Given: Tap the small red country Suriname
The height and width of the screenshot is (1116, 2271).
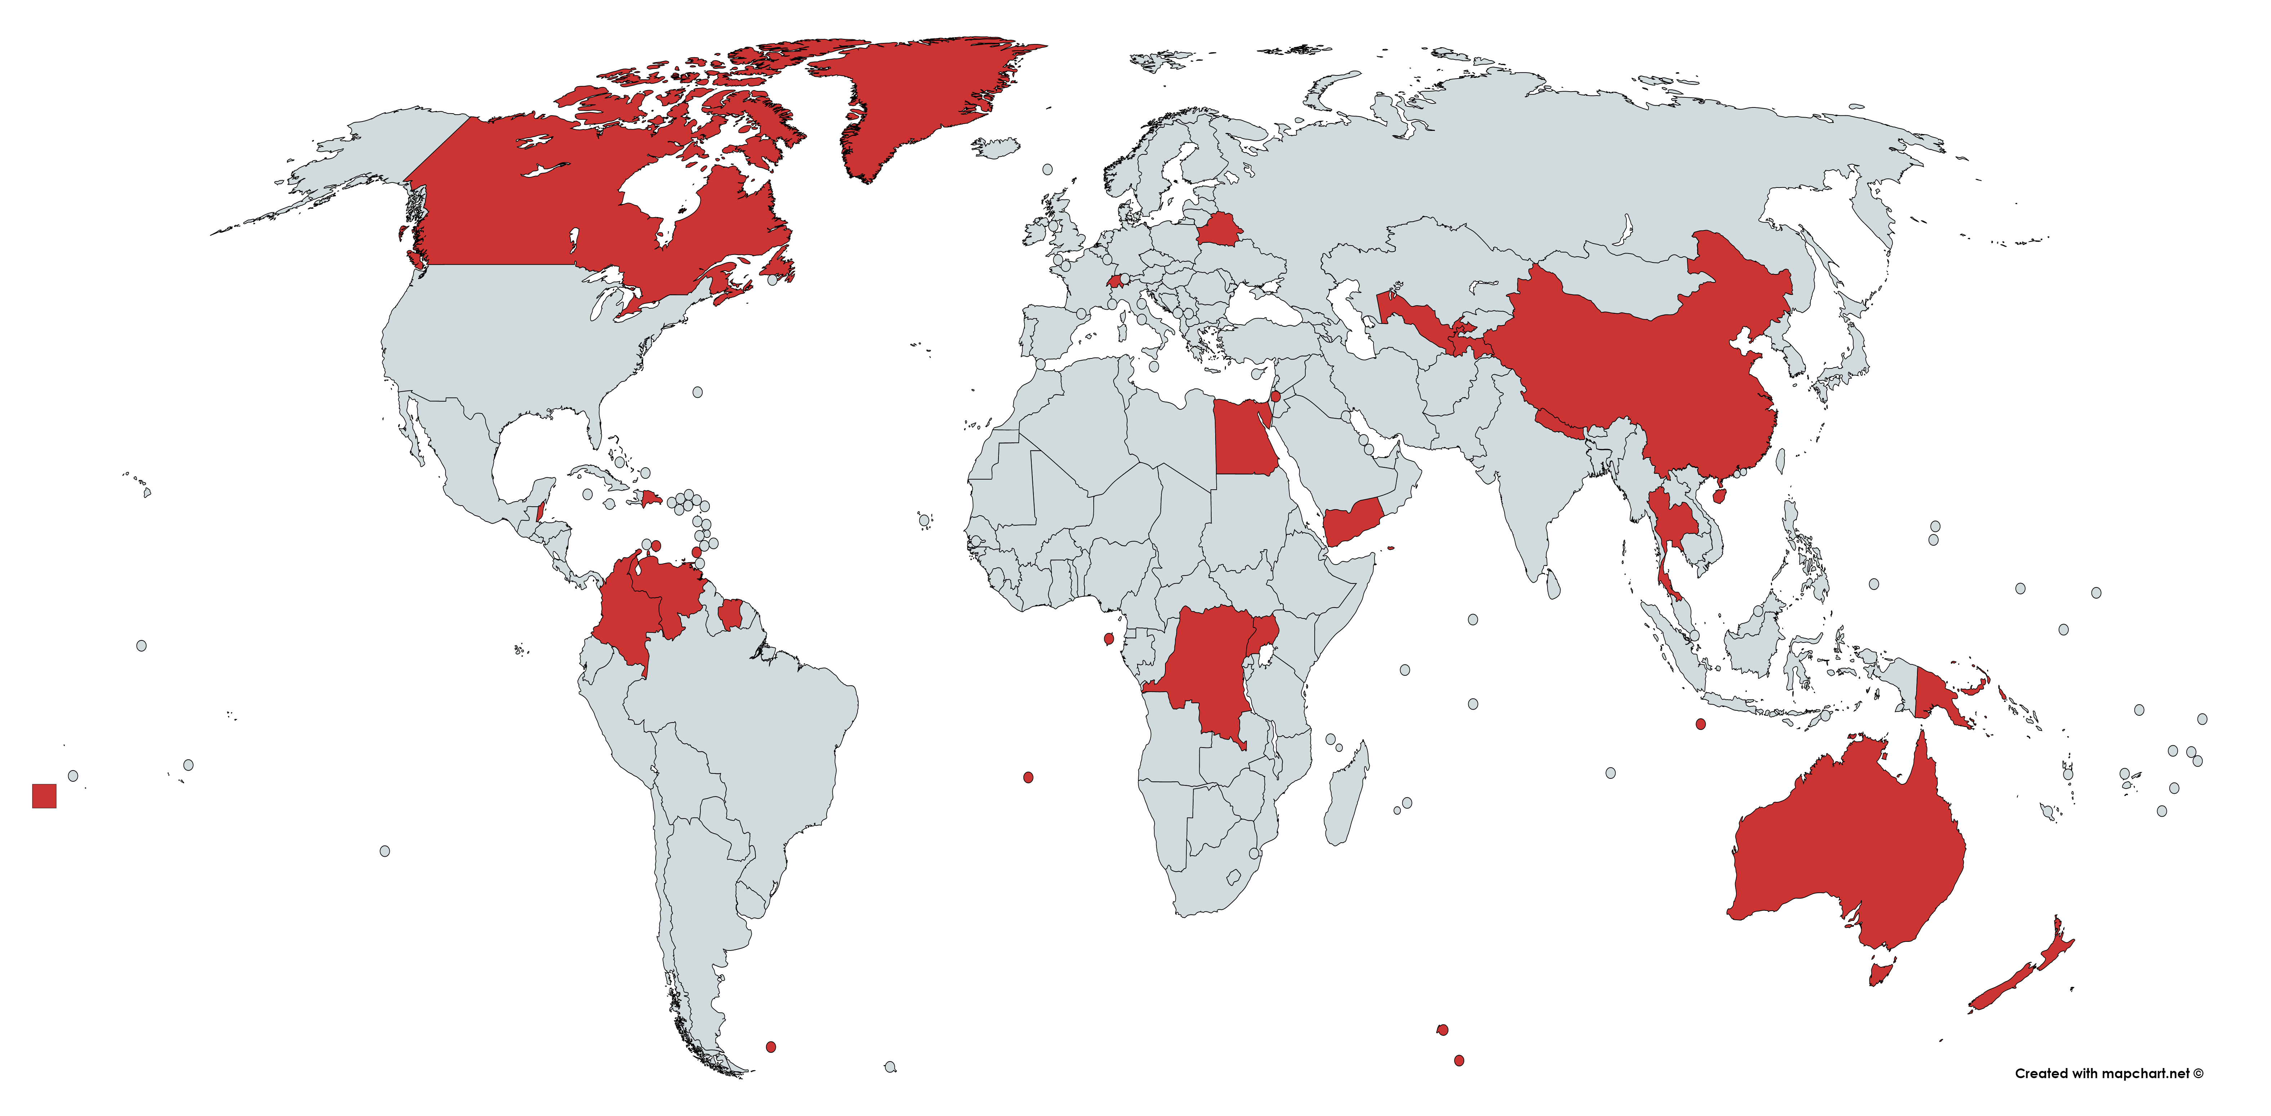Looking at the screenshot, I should [x=730, y=614].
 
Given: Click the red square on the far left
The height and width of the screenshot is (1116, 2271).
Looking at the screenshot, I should [x=44, y=796].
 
